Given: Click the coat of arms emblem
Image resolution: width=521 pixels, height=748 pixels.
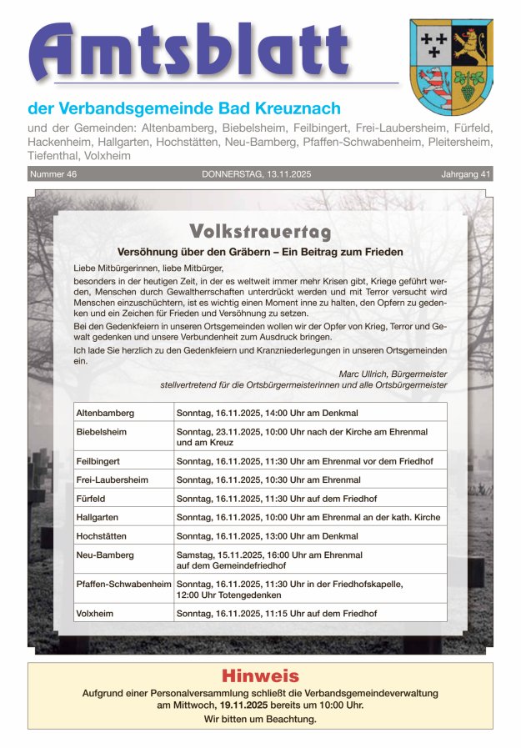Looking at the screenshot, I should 451,66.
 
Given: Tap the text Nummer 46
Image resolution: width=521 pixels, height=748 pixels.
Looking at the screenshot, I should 53,174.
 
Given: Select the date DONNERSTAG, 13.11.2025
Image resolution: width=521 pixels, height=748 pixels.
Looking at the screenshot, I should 256,174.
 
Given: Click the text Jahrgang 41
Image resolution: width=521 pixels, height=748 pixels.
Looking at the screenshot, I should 466,174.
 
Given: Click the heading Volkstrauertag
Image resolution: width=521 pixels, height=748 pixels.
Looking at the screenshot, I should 260,232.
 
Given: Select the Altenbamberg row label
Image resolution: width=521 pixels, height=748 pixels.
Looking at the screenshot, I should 105,413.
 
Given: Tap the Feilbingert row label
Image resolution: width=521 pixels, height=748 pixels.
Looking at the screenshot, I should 98,460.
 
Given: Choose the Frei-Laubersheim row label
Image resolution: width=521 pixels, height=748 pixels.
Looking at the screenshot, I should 112,479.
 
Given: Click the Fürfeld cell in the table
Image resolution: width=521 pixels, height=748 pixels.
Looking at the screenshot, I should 91,499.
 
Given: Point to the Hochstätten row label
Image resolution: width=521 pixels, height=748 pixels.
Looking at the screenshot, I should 101,536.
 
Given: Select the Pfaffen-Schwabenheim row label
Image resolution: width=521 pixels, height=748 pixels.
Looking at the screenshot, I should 123,585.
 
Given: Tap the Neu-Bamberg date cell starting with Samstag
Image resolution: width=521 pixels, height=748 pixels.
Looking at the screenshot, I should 269,560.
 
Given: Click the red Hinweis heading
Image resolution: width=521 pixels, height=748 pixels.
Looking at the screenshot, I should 259,676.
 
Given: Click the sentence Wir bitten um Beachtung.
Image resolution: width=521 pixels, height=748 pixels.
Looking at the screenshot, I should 260,719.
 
